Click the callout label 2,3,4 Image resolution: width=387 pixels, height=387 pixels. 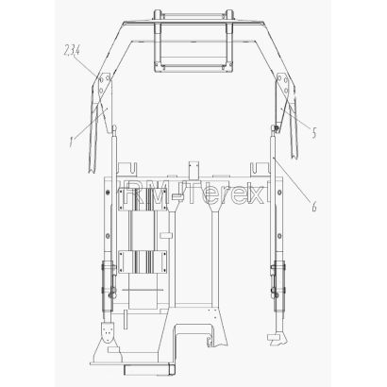coord(72,51)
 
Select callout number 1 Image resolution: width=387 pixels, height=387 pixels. coord(72,143)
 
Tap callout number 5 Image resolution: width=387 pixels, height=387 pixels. coord(314,133)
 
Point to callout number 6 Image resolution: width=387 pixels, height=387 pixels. coord(313,207)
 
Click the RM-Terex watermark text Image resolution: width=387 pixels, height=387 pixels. coord(190,193)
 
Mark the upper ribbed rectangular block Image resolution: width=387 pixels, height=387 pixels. coord(143,199)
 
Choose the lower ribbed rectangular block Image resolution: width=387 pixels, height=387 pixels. coord(143,261)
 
